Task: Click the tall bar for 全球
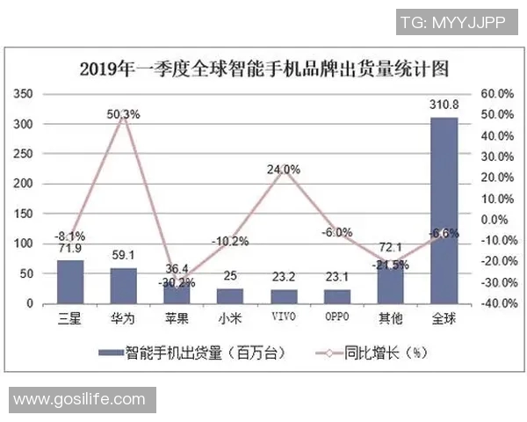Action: coord(444,211)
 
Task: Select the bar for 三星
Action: coord(70,282)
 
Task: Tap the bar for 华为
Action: coord(124,286)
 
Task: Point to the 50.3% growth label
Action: coord(124,113)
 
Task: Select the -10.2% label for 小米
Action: coord(230,241)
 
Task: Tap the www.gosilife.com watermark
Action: coord(79,399)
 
